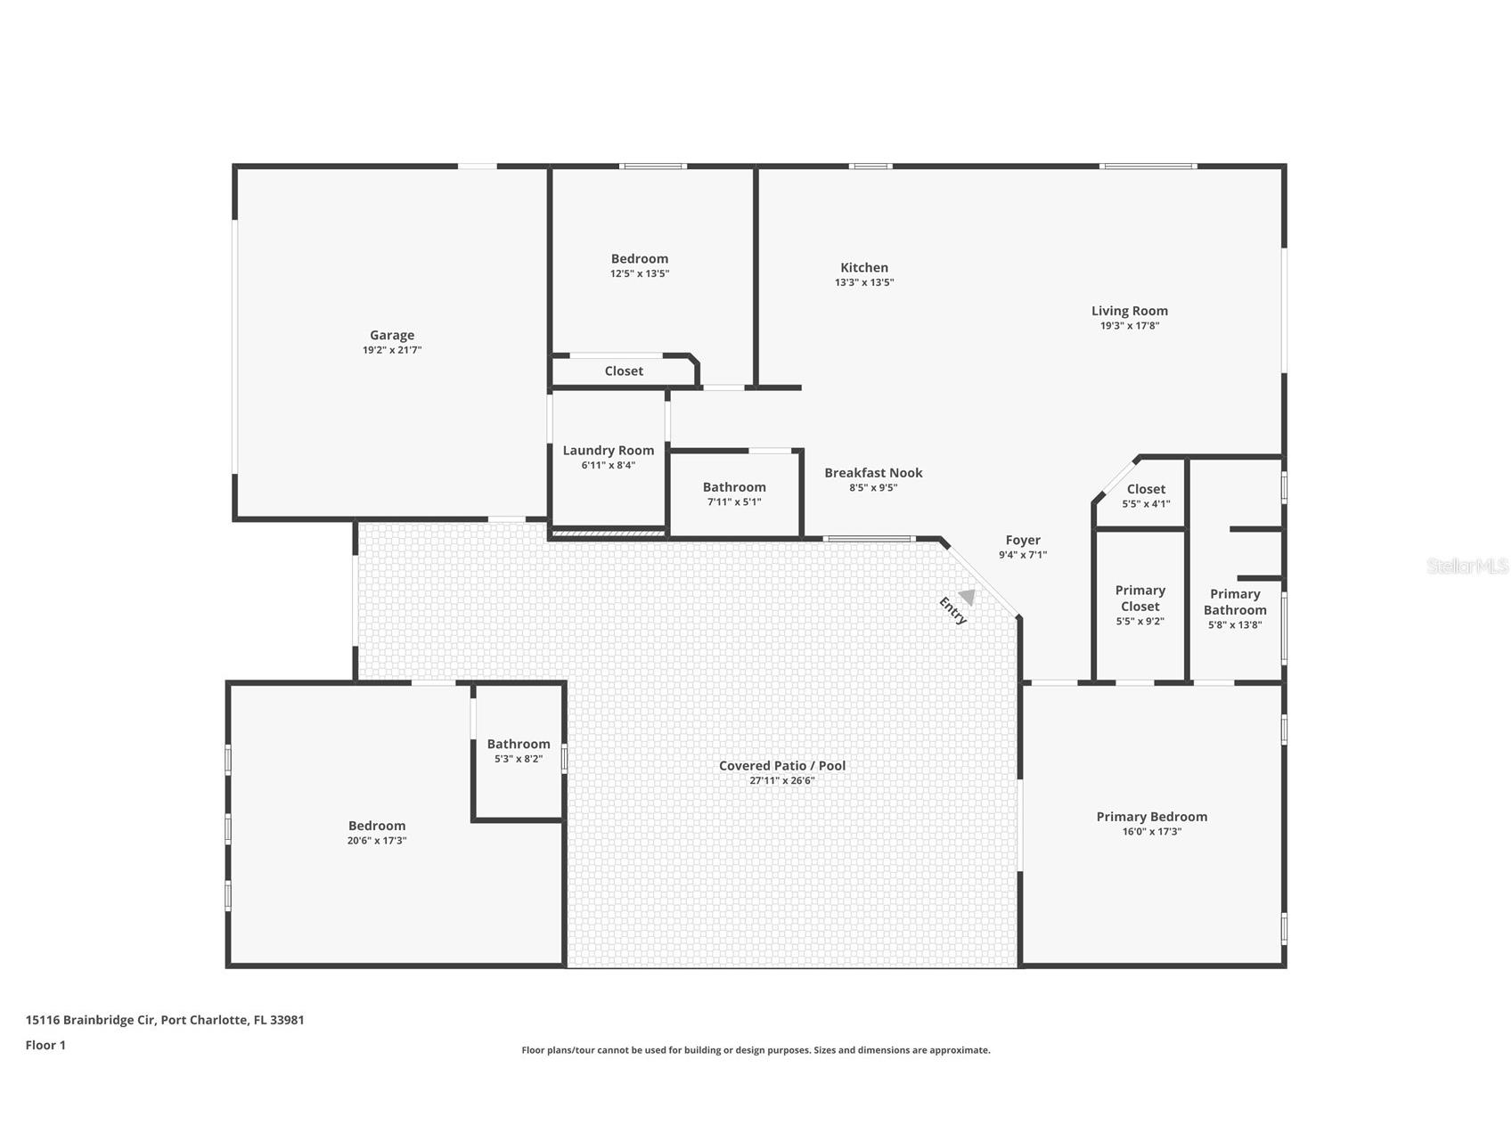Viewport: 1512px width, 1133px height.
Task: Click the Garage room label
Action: coord(392,335)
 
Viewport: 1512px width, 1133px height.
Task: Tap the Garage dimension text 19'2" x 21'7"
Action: coord(392,350)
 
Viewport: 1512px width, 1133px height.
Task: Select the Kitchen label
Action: coord(864,267)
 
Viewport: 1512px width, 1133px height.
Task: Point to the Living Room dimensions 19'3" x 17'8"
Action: coord(1130,326)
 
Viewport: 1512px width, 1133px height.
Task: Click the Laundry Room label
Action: coord(609,451)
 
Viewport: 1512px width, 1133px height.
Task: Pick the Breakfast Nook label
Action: coord(873,473)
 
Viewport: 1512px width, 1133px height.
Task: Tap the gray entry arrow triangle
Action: coord(967,597)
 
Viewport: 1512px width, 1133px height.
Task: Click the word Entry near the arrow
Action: coord(952,610)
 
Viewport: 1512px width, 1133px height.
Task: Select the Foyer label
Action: coord(1023,540)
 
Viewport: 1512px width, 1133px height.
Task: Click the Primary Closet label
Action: coord(1140,599)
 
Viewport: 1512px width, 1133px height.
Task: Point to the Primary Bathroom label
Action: coord(1235,602)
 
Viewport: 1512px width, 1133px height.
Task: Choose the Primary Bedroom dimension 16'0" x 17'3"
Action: coord(1152,832)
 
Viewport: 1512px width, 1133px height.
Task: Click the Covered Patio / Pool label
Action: coord(782,765)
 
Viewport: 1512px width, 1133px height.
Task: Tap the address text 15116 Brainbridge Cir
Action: coord(91,1020)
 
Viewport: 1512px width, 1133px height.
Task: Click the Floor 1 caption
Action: coord(45,1046)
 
